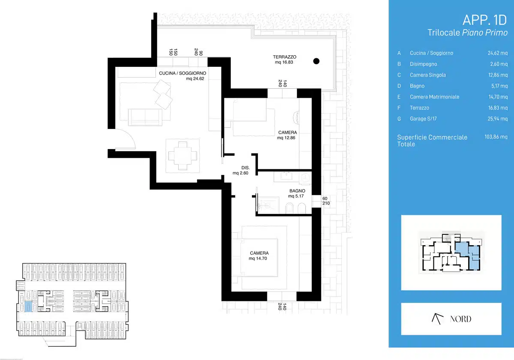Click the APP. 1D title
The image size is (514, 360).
[484, 20]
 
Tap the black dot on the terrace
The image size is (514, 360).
[316, 61]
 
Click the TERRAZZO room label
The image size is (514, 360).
[284, 57]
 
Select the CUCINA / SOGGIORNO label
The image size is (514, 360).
[182, 73]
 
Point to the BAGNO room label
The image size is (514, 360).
[297, 191]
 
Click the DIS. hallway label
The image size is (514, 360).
[245, 168]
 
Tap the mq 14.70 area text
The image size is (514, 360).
[258, 258]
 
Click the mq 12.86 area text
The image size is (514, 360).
[286, 138]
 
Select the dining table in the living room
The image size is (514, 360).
[182, 156]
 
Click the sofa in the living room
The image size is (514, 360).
[145, 117]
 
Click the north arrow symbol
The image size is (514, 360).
[437, 319]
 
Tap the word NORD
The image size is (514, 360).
[460, 319]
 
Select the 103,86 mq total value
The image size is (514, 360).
[496, 137]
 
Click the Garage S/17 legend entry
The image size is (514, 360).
[423, 119]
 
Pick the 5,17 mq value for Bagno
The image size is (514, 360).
[499, 86]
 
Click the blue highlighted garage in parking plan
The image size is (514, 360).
[28, 306]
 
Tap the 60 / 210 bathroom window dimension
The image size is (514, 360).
[326, 201]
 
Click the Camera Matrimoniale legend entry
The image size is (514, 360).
[434, 97]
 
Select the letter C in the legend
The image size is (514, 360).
[399, 75]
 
